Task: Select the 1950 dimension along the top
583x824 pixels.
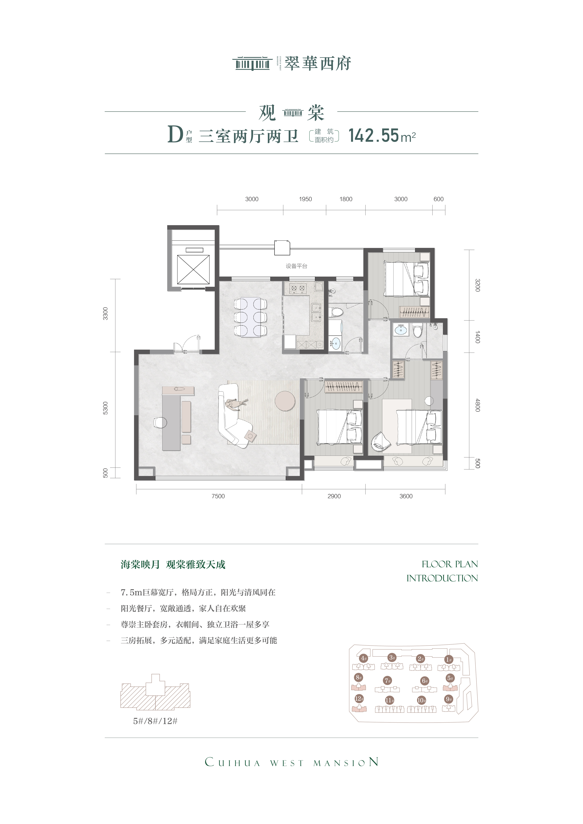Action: [305, 199]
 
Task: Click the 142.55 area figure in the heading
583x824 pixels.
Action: [374, 136]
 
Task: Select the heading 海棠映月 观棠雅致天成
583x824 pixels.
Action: [173, 564]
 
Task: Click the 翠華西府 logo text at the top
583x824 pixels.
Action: [318, 64]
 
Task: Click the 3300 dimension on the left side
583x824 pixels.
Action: [105, 314]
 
